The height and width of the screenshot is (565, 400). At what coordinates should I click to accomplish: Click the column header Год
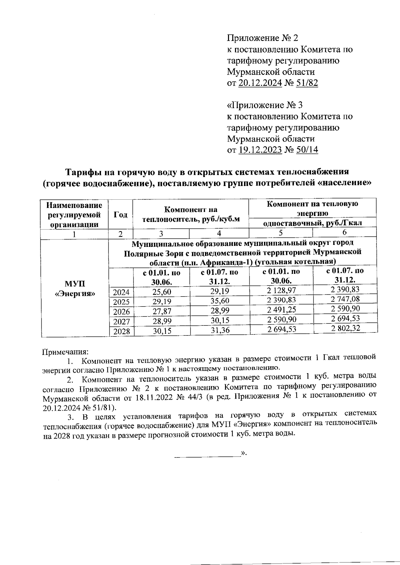click(x=120, y=215)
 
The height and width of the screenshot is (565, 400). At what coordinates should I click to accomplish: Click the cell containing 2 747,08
click(x=345, y=299)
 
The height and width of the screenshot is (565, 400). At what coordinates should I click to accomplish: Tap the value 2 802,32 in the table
click(x=345, y=328)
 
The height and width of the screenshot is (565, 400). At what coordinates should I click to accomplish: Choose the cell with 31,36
click(x=219, y=330)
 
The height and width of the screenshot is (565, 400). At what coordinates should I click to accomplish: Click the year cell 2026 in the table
click(x=121, y=312)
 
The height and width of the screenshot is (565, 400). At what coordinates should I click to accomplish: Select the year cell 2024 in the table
click(x=121, y=293)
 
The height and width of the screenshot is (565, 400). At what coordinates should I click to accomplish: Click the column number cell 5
click(x=281, y=233)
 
